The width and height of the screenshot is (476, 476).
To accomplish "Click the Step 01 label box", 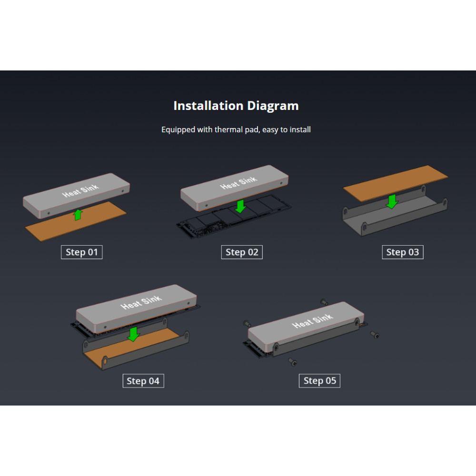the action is pyautogui.click(x=82, y=252).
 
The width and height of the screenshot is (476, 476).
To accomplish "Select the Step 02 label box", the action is pyautogui.click(x=242, y=252).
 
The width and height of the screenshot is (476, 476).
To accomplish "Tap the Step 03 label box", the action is pyautogui.click(x=403, y=252).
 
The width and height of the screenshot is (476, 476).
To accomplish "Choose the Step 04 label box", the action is pyautogui.click(x=143, y=381).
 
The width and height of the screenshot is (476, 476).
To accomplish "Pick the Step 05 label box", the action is pyautogui.click(x=320, y=381).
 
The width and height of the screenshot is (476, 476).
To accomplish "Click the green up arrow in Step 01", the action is pyautogui.click(x=78, y=215).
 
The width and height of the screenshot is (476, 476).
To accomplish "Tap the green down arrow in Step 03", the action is pyautogui.click(x=392, y=201).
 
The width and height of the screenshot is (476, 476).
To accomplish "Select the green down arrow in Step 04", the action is pyautogui.click(x=133, y=334).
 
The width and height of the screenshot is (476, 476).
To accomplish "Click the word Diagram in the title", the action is pyautogui.click(x=273, y=106).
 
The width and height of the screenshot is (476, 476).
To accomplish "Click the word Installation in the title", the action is pyautogui.click(x=208, y=106).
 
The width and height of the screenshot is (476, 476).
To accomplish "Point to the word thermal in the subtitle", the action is pyautogui.click(x=228, y=129).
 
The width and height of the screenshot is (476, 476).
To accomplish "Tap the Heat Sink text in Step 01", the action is pyautogui.click(x=80, y=191).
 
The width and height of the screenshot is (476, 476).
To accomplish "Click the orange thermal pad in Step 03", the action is pyautogui.click(x=395, y=183).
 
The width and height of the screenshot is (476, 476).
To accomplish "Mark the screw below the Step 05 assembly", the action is pyautogui.click(x=293, y=362).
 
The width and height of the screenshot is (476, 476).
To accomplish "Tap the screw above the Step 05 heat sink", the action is pyautogui.click(x=324, y=302).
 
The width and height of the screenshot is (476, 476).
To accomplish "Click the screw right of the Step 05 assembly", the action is pyautogui.click(x=375, y=335).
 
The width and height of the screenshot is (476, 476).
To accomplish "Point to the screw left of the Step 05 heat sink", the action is pyautogui.click(x=247, y=324).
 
